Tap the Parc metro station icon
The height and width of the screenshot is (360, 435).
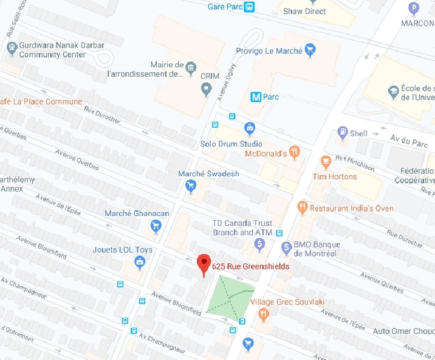coord(256,96)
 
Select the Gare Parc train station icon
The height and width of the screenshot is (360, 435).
coord(249,7)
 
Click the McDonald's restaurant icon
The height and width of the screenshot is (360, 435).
coord(295,151)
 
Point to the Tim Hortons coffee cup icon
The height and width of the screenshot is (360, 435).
coord(326,162)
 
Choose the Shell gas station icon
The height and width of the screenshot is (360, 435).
coord(343,133)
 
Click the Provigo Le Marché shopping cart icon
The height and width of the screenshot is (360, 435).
coord(310,50)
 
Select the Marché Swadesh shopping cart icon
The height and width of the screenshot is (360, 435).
coord(191,185)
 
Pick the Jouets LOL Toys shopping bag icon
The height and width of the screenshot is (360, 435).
coord(140,262)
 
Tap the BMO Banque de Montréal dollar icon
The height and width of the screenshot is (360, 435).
coord(287,247)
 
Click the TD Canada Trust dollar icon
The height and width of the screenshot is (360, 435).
coord(260,244)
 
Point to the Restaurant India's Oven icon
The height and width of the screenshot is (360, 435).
coord(302,207)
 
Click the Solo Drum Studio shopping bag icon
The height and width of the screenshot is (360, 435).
coord(248,128)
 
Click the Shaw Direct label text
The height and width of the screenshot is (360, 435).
coord(305,11)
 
